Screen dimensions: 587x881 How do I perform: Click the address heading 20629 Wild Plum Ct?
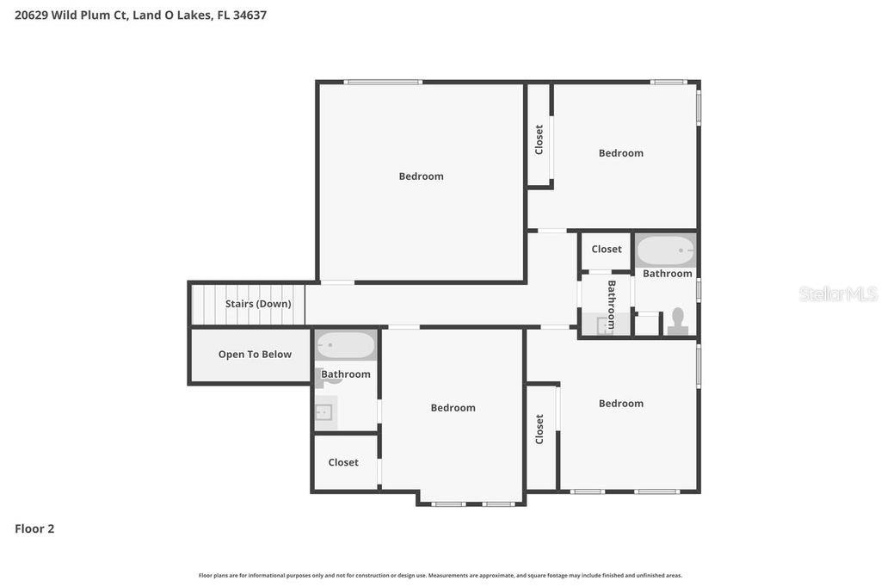point(140,15)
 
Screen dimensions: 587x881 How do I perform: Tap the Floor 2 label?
point(34,528)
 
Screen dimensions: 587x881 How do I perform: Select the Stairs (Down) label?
point(258,304)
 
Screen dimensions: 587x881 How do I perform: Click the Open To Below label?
point(255,355)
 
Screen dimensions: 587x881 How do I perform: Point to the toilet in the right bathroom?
point(678,320)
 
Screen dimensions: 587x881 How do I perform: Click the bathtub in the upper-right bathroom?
point(665,250)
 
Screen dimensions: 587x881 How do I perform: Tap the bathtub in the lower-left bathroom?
point(346,346)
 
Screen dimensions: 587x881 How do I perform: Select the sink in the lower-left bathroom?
point(324,412)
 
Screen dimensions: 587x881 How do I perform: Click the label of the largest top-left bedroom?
point(422,176)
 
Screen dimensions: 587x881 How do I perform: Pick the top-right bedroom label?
point(621,153)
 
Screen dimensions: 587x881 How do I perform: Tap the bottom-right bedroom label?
point(621,404)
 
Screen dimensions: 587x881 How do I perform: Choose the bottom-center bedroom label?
point(453,408)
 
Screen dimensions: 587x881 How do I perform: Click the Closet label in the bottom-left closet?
point(343,462)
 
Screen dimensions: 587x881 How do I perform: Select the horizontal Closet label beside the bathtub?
point(607,250)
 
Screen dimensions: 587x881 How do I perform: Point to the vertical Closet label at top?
point(539,139)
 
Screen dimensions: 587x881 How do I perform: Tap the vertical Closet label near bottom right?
point(539,429)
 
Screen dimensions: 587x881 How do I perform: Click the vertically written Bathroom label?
point(612,305)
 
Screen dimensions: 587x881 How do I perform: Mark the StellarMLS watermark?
point(837,294)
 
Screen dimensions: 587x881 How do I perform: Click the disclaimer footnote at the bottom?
point(440,575)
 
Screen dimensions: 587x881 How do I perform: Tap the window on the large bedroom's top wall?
point(383,82)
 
